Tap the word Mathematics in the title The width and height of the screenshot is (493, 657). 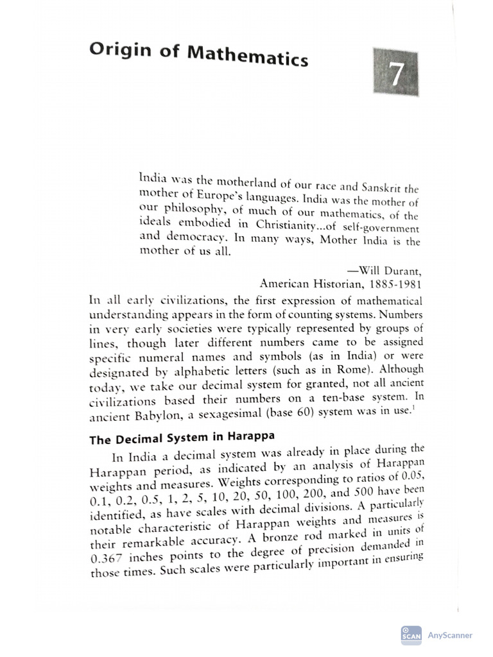(x=247, y=56)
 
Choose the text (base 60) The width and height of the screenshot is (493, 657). (x=298, y=413)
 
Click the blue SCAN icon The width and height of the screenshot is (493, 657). (x=411, y=635)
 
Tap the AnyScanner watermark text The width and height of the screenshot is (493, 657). (x=449, y=635)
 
